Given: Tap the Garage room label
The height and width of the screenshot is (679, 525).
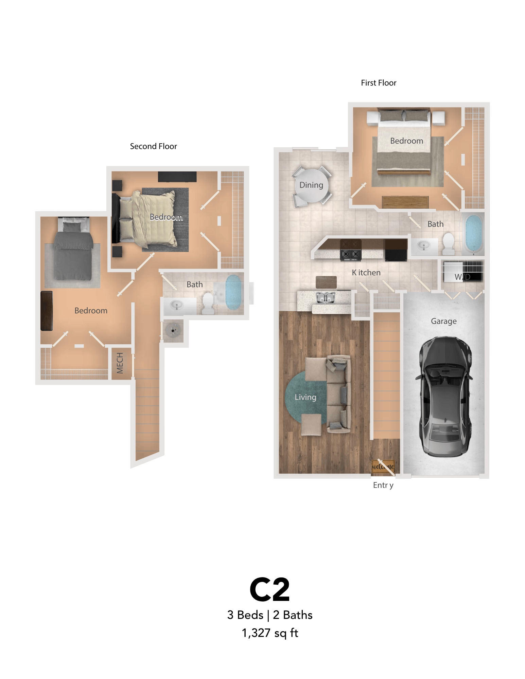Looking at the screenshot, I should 443,321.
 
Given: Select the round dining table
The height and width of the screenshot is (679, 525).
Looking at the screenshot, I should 311,185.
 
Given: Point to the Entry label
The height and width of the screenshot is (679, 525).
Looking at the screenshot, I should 383,485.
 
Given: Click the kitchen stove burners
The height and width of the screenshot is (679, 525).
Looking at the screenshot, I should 351,254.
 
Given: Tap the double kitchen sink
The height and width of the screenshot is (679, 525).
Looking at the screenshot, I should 326,298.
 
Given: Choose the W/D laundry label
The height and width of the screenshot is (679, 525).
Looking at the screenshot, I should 462,277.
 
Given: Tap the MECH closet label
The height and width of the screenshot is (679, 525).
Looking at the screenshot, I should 120,363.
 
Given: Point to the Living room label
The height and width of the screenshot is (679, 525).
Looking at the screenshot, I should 305,397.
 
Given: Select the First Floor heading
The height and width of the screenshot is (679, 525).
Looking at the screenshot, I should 378,83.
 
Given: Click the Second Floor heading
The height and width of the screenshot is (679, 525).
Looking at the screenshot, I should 153,146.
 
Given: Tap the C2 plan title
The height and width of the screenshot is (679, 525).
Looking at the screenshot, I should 269,590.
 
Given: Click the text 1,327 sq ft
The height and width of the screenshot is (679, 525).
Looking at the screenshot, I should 270,633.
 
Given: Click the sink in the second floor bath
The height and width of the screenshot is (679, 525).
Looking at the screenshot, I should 177,305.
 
